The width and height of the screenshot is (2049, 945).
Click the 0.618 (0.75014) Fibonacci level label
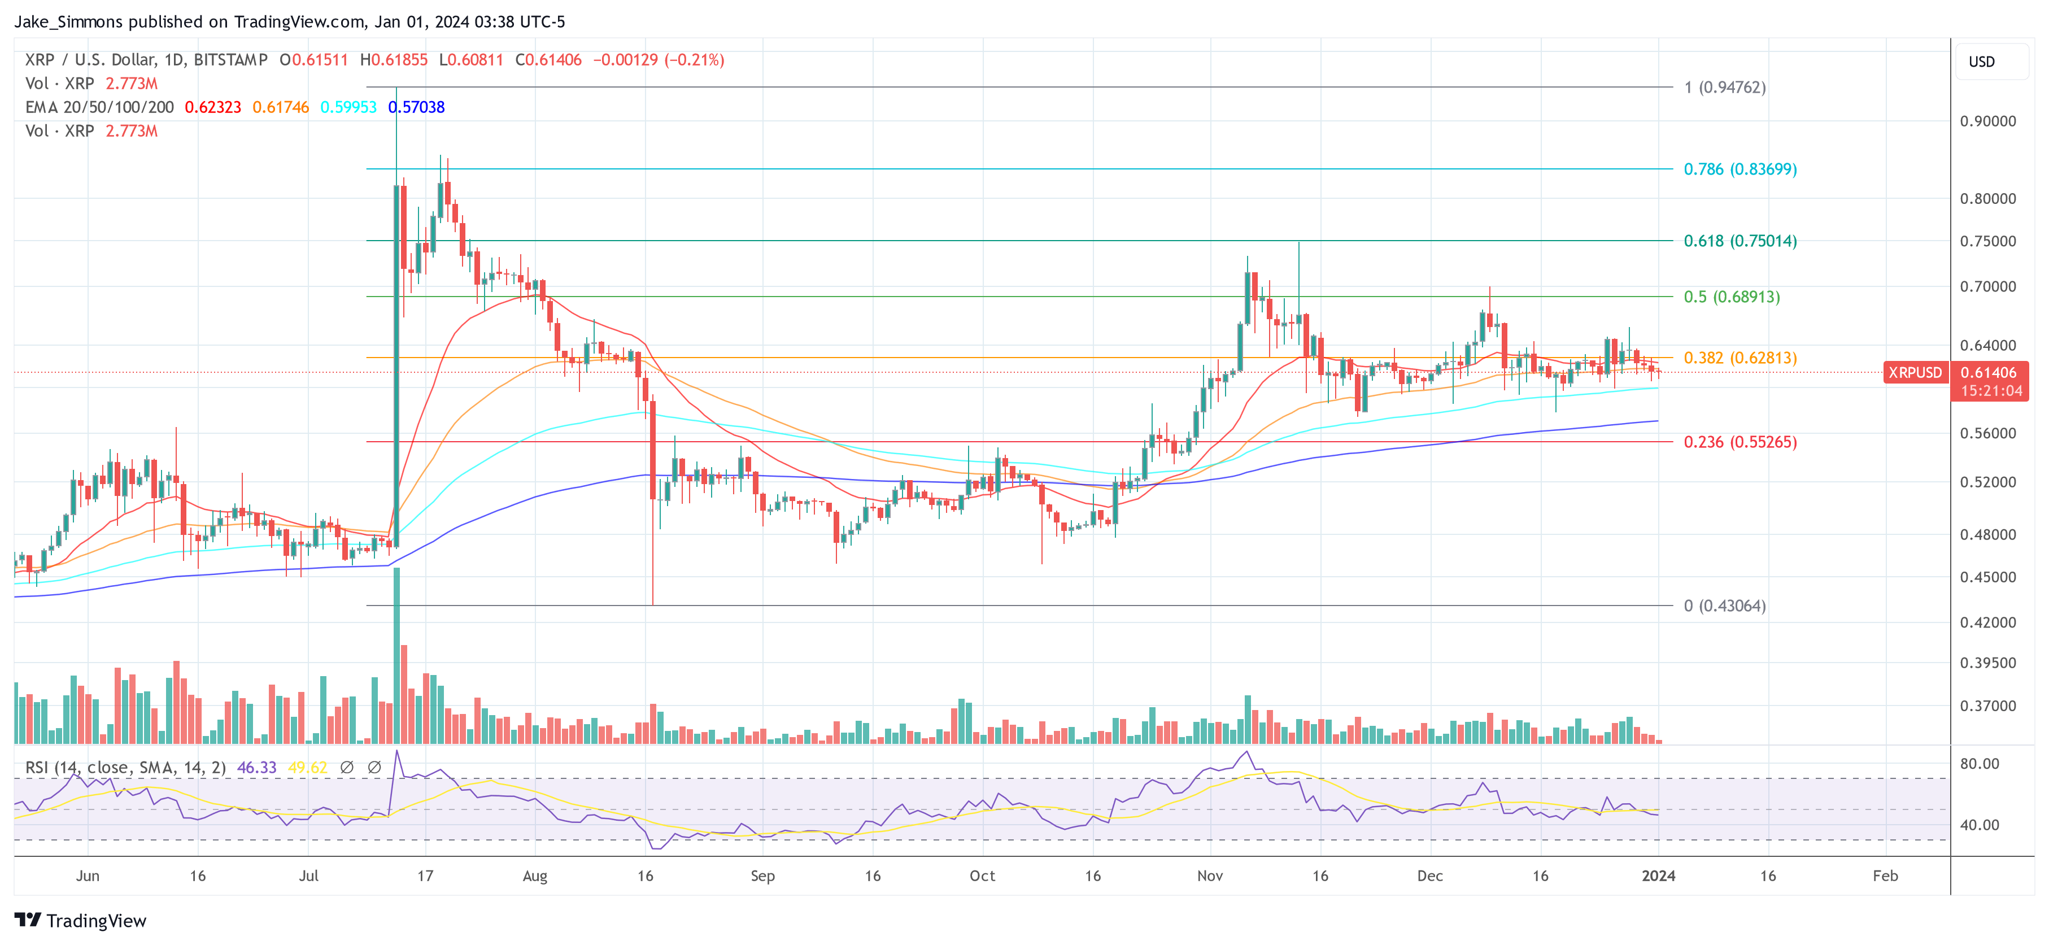click(1740, 241)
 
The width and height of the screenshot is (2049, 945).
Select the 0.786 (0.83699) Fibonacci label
click(1740, 169)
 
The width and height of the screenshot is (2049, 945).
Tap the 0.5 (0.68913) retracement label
click(1731, 297)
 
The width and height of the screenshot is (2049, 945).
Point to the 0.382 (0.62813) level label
click(1740, 358)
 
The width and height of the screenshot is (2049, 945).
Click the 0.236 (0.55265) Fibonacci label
click(1740, 442)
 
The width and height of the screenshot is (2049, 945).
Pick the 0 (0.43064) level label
click(1724, 606)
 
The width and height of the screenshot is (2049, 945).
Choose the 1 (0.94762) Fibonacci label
click(1724, 88)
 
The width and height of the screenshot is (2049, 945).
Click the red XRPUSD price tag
click(1915, 372)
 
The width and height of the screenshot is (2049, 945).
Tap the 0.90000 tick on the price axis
click(1987, 121)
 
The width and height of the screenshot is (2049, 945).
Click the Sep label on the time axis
click(762, 876)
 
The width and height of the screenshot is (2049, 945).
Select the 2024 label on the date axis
click(1658, 876)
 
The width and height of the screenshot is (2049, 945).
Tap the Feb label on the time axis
click(1884, 876)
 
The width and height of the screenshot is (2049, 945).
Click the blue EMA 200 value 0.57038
click(417, 107)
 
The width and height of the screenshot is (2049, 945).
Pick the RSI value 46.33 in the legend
click(257, 768)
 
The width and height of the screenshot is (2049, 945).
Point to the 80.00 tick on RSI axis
click(1979, 764)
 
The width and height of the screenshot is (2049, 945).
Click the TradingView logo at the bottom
click(80, 920)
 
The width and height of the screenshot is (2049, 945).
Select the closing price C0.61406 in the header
click(548, 60)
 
